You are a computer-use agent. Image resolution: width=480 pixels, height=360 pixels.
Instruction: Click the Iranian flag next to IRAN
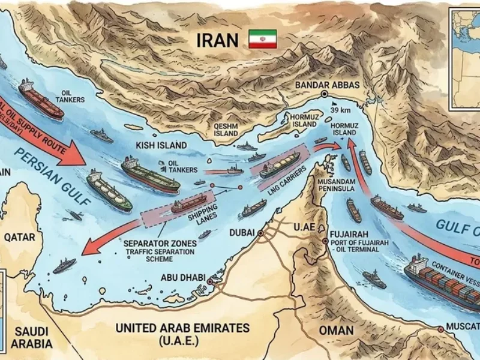click(x=262, y=39)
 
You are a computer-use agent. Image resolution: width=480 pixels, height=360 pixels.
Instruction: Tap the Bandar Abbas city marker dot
click(x=325, y=95)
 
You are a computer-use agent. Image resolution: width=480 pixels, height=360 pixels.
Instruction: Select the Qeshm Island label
click(x=227, y=130)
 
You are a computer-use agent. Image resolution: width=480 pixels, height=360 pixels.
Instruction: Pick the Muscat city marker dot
click(x=441, y=329)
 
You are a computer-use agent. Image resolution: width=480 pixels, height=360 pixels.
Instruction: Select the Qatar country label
click(x=20, y=237)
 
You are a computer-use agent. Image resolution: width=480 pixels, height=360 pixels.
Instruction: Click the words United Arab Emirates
click(x=184, y=328)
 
